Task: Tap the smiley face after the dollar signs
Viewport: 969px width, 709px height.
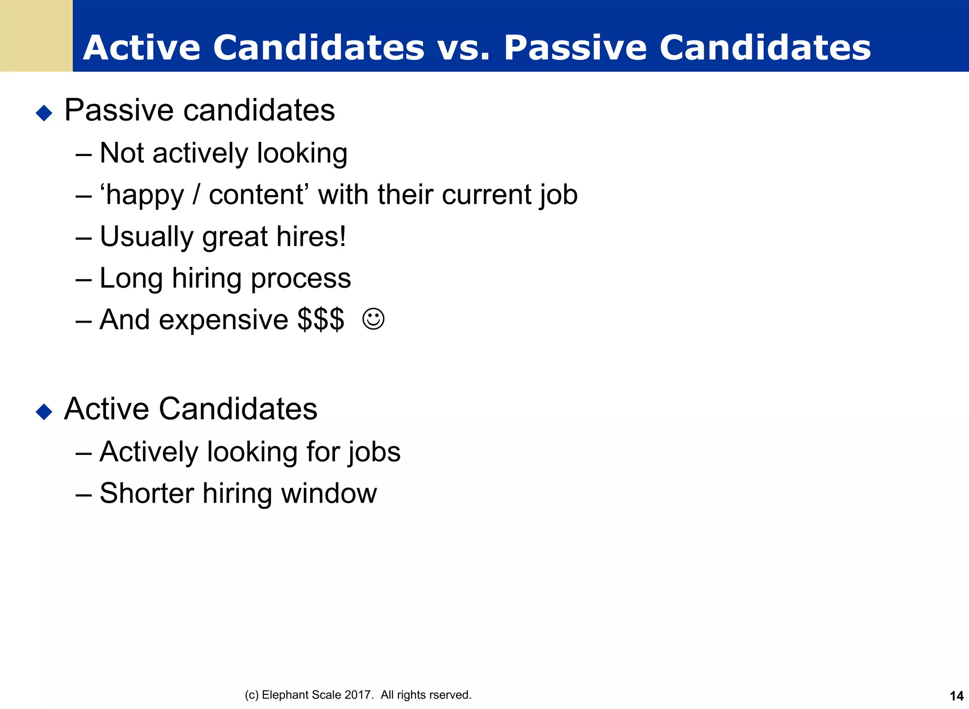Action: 373,319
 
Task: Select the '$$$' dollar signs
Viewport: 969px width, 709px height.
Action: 321,320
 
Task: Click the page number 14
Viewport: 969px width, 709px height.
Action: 956,696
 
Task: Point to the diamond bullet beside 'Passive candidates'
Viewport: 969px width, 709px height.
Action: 44,113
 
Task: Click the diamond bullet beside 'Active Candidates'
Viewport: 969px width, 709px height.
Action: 44,411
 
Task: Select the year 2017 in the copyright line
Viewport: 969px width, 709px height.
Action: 357,695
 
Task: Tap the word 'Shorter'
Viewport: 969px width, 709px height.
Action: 147,494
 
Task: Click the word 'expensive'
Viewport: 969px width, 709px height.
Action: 223,320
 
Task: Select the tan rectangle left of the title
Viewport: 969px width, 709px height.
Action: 36,35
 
